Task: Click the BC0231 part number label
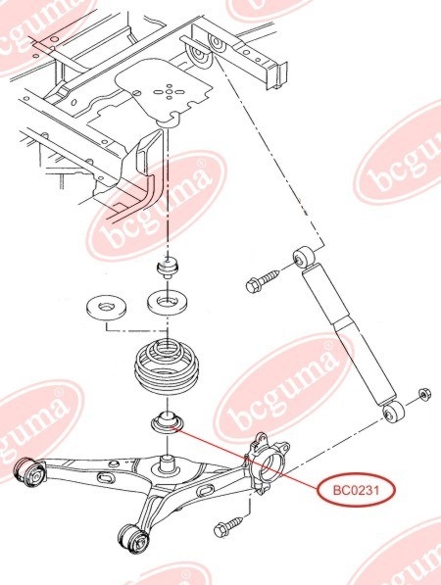pos(356,490)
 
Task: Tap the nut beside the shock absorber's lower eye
pos(424,394)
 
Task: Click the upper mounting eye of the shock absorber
pos(303,256)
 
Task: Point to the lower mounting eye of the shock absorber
pos(394,413)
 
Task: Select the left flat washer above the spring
pos(106,307)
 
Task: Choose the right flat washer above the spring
pos(168,302)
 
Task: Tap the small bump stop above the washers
pos(167,268)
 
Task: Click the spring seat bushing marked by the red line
pos(167,421)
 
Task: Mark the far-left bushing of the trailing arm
pos(29,471)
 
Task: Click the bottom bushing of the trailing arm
pos(135,540)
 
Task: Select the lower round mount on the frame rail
pos(199,57)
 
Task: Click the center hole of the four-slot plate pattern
pos(169,91)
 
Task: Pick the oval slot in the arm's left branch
pos(106,477)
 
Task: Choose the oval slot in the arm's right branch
pos(205,491)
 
